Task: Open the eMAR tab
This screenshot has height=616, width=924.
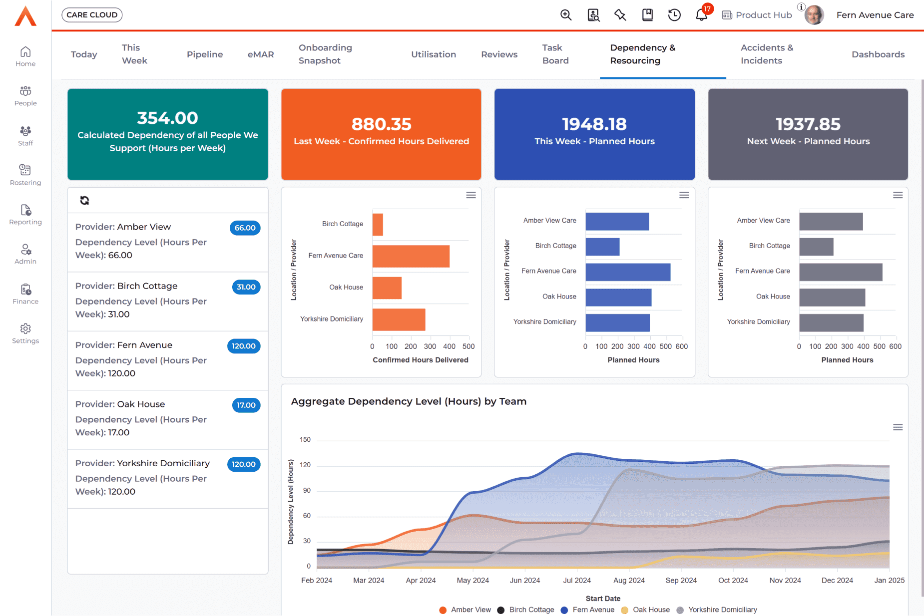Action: (x=261, y=54)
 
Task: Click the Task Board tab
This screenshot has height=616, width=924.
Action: (x=555, y=54)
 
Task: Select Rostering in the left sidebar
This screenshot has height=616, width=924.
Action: (x=25, y=175)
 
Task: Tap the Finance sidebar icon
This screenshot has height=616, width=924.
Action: (x=25, y=294)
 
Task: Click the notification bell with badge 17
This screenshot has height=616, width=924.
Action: (x=701, y=15)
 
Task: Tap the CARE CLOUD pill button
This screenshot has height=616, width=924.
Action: (x=92, y=15)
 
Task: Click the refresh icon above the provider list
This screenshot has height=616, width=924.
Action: (x=84, y=200)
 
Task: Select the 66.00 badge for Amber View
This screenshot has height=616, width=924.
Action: (x=245, y=228)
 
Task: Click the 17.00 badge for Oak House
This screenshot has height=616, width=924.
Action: (x=246, y=405)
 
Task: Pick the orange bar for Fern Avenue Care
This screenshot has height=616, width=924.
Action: (x=411, y=256)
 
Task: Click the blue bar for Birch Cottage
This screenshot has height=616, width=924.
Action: (x=602, y=247)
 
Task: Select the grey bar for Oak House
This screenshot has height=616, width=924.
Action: (x=832, y=298)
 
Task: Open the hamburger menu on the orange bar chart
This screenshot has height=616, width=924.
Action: (x=470, y=195)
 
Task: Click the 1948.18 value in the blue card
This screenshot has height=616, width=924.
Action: (x=594, y=124)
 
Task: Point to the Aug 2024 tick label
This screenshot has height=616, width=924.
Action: (x=629, y=580)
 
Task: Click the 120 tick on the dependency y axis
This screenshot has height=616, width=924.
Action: (x=305, y=465)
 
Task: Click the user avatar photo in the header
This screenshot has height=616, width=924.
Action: (x=814, y=15)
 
